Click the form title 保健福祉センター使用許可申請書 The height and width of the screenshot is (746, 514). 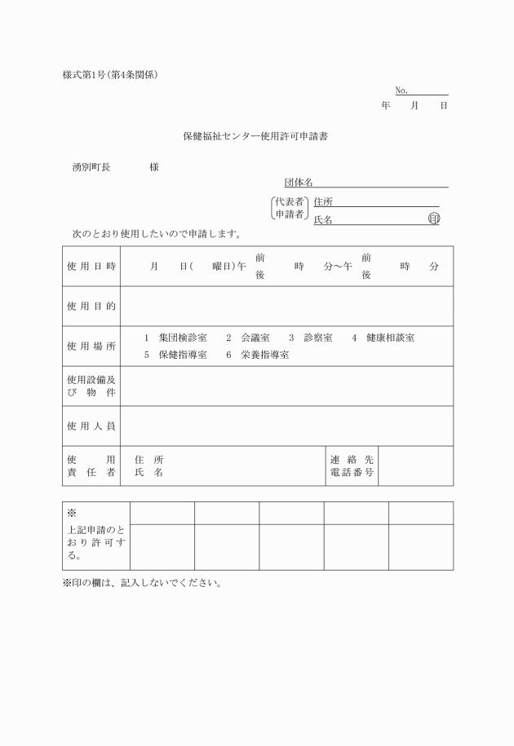pyautogui.click(x=255, y=137)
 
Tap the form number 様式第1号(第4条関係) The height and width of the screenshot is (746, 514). pyautogui.click(x=110, y=75)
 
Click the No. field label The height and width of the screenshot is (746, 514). pyautogui.click(x=401, y=90)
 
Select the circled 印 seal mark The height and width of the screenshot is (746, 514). pyautogui.click(x=433, y=219)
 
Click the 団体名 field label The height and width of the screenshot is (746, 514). pyautogui.click(x=298, y=183)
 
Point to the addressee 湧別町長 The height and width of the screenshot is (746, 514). pyautogui.click(x=91, y=167)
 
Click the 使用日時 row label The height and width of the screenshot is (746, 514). pyautogui.click(x=91, y=267)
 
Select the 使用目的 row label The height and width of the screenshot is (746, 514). pyautogui.click(x=91, y=307)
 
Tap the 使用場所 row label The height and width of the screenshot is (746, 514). pyautogui.click(x=91, y=347)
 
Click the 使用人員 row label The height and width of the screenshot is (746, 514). pyautogui.click(x=91, y=426)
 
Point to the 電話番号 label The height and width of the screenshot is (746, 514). pyautogui.click(x=352, y=473)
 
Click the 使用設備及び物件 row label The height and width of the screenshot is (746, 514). pyautogui.click(x=91, y=386)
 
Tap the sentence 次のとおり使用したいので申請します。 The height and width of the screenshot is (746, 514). pyautogui.click(x=156, y=235)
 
